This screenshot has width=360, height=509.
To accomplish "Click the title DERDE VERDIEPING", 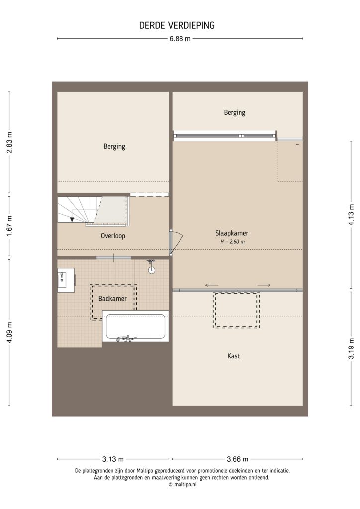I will point(177,25).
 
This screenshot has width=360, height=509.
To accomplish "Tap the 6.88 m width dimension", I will point(180,39).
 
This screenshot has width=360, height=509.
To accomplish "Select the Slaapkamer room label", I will point(232,233).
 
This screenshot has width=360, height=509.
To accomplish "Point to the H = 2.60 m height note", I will point(232,242).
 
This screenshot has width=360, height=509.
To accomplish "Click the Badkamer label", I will point(112,299).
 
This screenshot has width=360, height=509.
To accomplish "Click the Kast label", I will point(234,356).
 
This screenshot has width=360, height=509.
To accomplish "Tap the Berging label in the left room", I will point(114,146).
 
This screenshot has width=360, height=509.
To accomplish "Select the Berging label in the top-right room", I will point(234,113).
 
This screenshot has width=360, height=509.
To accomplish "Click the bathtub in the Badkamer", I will point(135,326).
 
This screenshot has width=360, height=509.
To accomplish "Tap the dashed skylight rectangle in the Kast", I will point(236,310).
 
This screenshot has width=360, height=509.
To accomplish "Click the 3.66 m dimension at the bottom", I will point(237,459).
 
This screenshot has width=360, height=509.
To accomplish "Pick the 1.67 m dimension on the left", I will point(9,227).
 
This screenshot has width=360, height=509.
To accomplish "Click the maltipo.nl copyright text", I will point(182,484).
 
